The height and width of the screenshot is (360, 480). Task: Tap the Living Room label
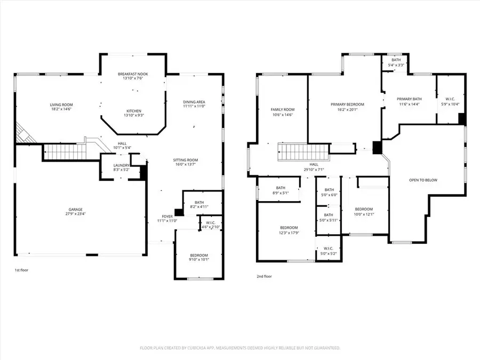coord(61,105)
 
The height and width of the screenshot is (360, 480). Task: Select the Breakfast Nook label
coord(134,74)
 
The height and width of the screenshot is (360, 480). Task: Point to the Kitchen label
coord(134,110)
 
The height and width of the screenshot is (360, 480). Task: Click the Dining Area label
coord(194,102)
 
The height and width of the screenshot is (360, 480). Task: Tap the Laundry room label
coord(121,165)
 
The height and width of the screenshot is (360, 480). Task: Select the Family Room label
coord(282,109)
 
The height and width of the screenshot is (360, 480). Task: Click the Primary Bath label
coord(410,99)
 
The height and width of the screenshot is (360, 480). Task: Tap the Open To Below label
coord(423,180)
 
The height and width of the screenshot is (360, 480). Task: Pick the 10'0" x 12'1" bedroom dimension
coord(364,214)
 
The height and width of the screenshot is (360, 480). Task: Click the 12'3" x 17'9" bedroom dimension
coord(288,233)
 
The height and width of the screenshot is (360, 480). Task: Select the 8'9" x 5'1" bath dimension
coord(281,193)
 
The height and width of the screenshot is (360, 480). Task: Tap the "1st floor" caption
coord(21,270)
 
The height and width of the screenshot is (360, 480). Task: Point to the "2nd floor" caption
coord(265,276)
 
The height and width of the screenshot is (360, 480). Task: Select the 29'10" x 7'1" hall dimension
coord(314,170)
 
